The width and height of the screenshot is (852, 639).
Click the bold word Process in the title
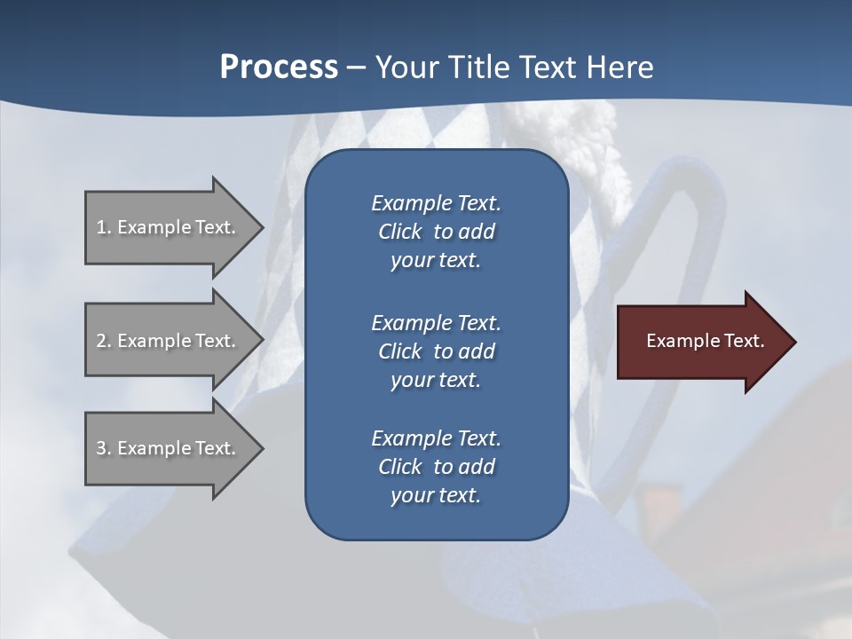279,67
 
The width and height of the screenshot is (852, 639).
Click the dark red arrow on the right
701,342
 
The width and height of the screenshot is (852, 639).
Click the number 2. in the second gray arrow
104,341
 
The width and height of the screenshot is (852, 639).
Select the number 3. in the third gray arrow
104,448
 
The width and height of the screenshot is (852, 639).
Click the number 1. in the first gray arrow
104,227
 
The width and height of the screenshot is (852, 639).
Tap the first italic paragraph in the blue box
436,232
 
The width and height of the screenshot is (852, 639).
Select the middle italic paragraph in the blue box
436,351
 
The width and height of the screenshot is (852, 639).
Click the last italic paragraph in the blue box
436,467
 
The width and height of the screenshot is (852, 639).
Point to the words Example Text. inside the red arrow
705,341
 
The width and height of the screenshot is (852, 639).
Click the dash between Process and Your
356,67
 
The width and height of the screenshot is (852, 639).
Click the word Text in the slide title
547,67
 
